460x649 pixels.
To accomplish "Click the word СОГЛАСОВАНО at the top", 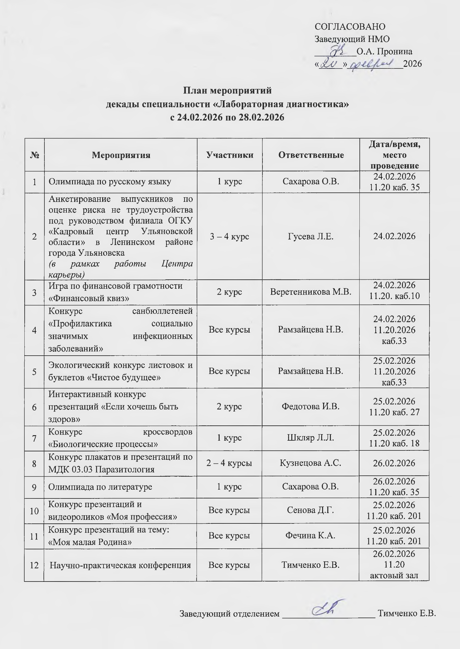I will click(350, 27).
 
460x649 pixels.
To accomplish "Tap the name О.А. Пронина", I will click(384, 52).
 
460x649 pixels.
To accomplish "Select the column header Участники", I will click(230, 155).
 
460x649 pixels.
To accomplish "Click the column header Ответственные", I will click(311, 155).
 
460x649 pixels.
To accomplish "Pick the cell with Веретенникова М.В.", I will click(311, 292).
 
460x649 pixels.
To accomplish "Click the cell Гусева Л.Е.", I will click(311, 236).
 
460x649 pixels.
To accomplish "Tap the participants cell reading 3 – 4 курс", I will click(229, 236).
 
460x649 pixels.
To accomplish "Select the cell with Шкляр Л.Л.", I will click(311, 438).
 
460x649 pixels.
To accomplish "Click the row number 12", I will click(34, 565).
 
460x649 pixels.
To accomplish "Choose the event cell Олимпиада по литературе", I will click(100, 487).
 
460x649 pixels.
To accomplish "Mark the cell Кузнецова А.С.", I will click(311, 463).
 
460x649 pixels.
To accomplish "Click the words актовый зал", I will click(394, 575).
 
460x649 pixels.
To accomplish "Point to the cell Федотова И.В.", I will click(311, 406).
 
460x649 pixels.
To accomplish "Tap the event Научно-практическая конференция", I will click(120, 565).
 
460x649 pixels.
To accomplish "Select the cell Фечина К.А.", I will click(311, 535).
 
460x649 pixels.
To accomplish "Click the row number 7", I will click(34, 438).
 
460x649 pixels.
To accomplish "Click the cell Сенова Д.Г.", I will click(311, 510).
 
